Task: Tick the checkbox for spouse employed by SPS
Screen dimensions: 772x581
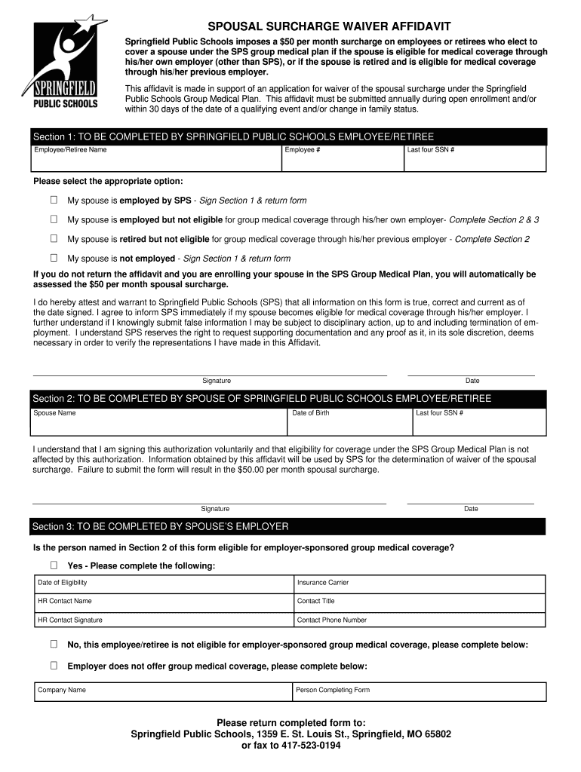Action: [54, 200]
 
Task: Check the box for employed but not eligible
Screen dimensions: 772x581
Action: [54, 219]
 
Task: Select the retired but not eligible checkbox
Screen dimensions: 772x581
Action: [54, 238]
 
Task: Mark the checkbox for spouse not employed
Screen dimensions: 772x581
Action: [54, 258]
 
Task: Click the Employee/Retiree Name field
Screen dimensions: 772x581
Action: [155, 159]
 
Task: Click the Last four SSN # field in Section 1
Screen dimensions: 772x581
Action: [475, 159]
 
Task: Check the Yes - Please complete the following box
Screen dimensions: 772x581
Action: [54, 565]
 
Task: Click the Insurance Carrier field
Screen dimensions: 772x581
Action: [419, 584]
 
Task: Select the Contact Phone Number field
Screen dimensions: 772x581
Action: [419, 620]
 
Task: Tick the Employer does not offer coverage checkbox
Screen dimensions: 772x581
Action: [54, 666]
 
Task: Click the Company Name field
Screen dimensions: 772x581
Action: [163, 691]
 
